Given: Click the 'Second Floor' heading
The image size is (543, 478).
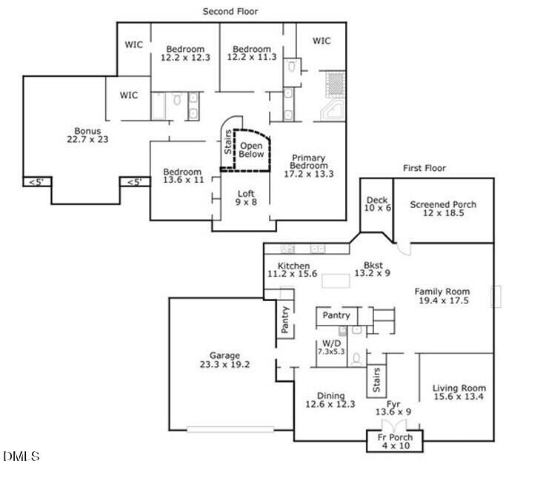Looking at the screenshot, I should coord(230,11).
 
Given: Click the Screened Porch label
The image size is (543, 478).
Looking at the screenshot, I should coord(443,205).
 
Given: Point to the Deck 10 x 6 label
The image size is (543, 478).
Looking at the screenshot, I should coord(377,204).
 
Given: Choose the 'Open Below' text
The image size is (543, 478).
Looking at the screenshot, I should coord(251,150).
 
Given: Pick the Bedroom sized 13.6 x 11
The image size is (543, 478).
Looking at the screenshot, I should coord(183,176).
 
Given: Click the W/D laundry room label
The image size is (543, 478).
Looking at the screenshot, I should coord(330,347).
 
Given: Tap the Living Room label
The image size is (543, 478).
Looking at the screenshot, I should coord(459,392).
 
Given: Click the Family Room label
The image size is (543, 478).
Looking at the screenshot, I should coord(442,296).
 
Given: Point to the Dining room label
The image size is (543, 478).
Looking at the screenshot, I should coord(330,400).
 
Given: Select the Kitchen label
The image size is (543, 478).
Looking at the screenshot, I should coord(293,270).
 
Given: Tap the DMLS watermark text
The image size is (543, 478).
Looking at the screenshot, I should coord(22,457).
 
